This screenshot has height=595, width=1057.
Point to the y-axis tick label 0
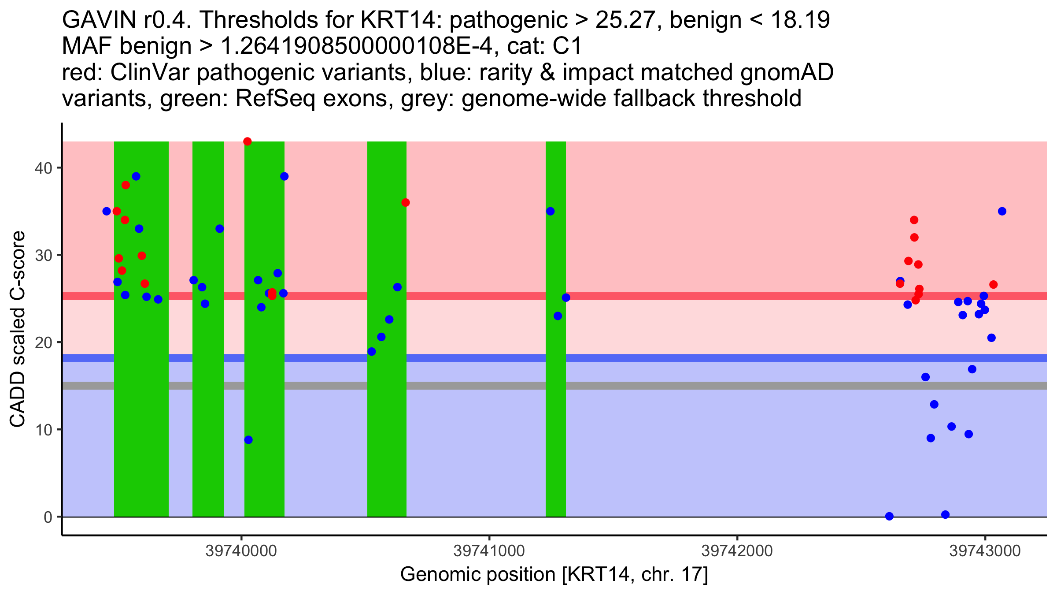click(x=48, y=517)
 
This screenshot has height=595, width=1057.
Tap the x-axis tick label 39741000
click(x=489, y=551)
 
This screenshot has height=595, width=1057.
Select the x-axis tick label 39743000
click(x=985, y=551)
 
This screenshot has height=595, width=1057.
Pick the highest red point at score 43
click(x=248, y=141)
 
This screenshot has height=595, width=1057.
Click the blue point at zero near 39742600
click(x=889, y=516)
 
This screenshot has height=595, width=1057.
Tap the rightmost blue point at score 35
click(x=1002, y=211)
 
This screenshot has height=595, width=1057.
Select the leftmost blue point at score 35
click(x=107, y=211)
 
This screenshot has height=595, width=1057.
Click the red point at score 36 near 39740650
click(x=406, y=203)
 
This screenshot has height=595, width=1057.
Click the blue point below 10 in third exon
click(x=248, y=440)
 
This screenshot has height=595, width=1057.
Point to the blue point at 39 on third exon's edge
click(x=284, y=176)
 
